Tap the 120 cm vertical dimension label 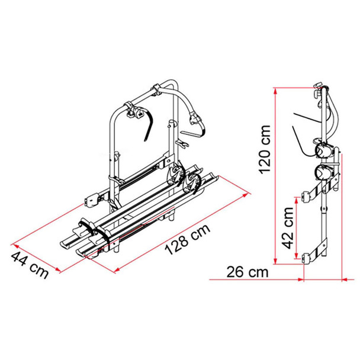click(x=264, y=150)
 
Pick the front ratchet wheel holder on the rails click(x=193, y=182)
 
